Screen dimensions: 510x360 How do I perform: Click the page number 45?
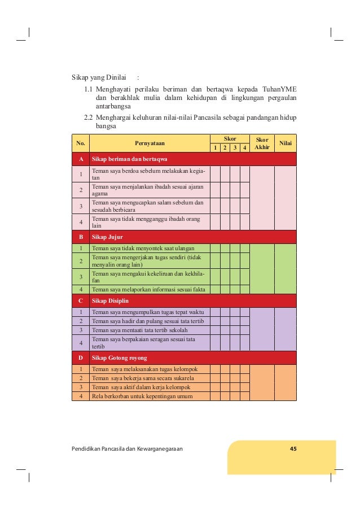tap(293, 448)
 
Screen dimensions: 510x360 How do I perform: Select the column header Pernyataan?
tap(149, 143)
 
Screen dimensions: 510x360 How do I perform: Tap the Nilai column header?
tap(285, 143)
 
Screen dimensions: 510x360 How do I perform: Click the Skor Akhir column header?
tap(262, 143)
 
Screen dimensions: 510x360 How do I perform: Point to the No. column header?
tap(81, 143)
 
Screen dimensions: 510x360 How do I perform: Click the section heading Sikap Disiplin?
tap(112, 300)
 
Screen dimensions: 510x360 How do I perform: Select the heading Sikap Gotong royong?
tap(120, 358)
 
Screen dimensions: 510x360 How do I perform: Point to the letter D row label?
tap(81, 358)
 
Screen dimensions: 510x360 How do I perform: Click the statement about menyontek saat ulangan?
tap(143, 248)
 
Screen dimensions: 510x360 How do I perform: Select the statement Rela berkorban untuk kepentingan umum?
tap(142, 396)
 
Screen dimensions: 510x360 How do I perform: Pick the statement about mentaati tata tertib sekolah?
tap(140, 330)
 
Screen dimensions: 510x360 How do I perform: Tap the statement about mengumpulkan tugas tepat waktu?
tap(148, 312)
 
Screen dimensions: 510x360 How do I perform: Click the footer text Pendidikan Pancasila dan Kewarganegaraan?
tap(127, 448)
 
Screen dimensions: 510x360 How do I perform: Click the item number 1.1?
tap(88, 89)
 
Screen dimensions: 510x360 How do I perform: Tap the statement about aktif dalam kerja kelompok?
tap(141, 387)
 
